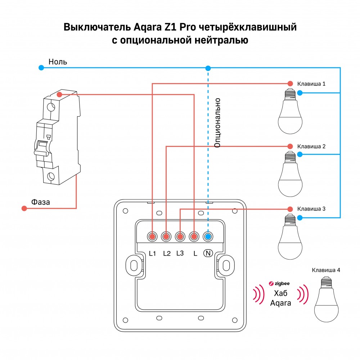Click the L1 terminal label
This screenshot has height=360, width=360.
point(152,253)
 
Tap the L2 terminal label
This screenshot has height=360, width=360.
point(166,253)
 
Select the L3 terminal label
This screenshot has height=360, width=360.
point(180,253)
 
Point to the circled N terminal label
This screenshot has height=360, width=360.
point(208,253)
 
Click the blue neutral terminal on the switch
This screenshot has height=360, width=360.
point(208,237)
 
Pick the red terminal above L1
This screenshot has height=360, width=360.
point(152,237)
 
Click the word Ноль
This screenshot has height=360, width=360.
point(58,62)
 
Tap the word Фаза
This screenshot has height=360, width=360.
point(40,202)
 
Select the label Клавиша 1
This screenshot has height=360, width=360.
point(311,84)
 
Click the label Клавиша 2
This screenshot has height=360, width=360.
point(311,147)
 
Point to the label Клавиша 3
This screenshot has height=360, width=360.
point(311,209)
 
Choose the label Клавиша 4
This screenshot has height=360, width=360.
point(326,270)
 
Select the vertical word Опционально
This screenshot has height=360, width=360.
point(217,122)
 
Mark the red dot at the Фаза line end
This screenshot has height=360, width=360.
point(24,208)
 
